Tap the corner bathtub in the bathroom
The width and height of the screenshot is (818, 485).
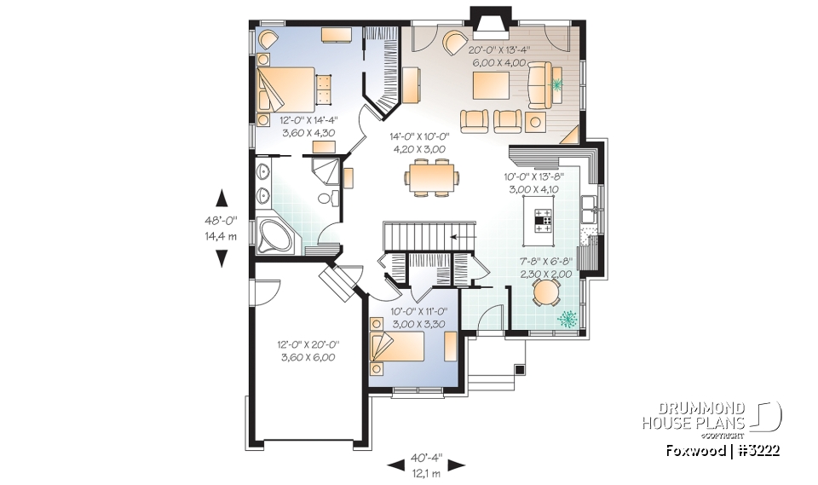[x=274, y=235]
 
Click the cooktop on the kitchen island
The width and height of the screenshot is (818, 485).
[x=544, y=220]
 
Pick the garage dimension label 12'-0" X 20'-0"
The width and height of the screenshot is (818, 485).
[x=308, y=351]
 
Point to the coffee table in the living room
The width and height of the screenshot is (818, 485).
[x=492, y=85]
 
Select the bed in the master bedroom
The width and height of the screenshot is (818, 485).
[x=288, y=90]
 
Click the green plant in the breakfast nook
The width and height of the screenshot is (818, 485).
[x=567, y=319]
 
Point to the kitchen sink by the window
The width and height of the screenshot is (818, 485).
[x=587, y=205]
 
